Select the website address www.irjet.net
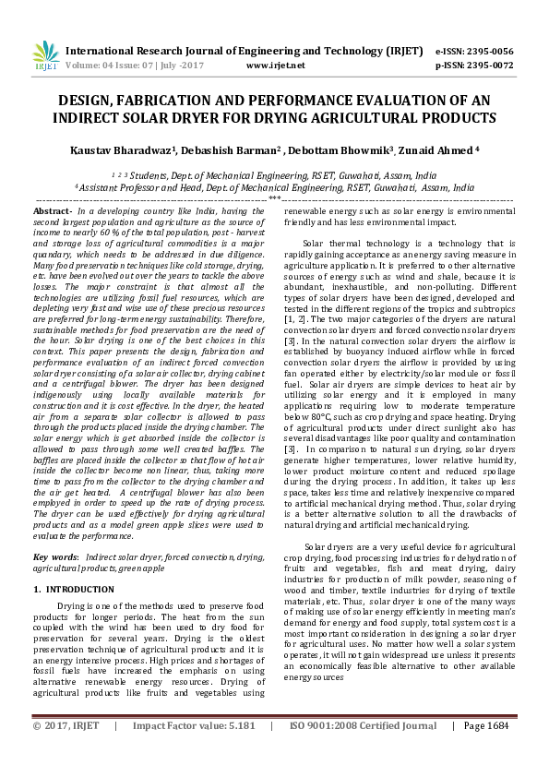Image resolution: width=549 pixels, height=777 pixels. tap(276, 66)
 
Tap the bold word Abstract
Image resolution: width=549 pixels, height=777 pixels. tap(51, 212)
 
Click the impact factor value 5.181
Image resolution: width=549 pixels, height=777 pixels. tap(238, 752)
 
